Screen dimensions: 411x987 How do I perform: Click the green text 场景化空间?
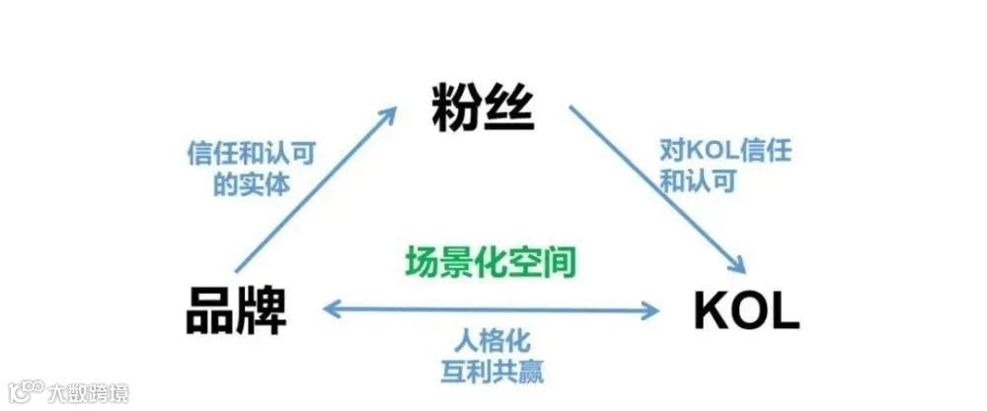pos(491,262)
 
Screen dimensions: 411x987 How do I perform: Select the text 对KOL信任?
pos(725,153)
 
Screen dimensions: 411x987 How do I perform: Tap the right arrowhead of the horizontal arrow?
pos(652,310)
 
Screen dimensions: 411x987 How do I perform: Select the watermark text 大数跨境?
pos(88,392)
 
